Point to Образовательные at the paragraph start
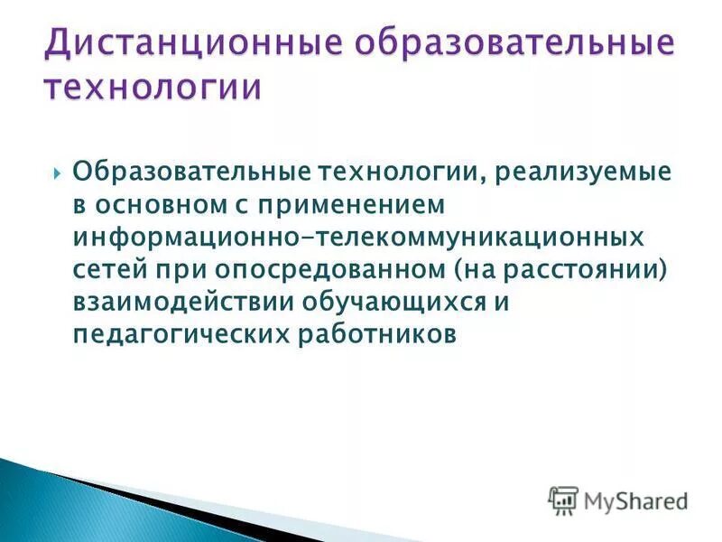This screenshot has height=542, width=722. pyautogui.click(x=187, y=172)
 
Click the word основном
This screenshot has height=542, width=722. pyautogui.click(x=160, y=205)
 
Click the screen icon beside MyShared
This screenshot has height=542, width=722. pyautogui.click(x=563, y=500)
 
